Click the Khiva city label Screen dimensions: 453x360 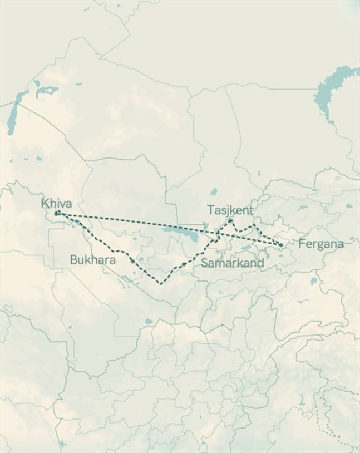pyautogui.click(x=56, y=204)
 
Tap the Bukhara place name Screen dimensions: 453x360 pyautogui.click(x=92, y=260)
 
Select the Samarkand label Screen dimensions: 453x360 pyautogui.click(x=232, y=263)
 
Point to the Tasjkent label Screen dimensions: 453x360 pyautogui.click(x=230, y=210)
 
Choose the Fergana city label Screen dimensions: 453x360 pyautogui.click(x=320, y=244)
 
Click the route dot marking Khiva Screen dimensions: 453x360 pyautogui.click(x=57, y=213)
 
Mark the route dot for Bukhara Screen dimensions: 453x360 pyautogui.click(x=132, y=260)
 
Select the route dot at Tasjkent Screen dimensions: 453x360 pyautogui.click(x=229, y=221)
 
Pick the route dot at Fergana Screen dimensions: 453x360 pyautogui.click(x=281, y=244)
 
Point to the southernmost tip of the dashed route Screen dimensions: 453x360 pyautogui.click(x=160, y=284)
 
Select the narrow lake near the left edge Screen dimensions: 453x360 pyautogui.click(x=12, y=117)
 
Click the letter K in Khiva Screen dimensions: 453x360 pyautogui.click(x=45, y=204)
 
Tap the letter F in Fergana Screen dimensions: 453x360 pyautogui.click(x=302, y=244)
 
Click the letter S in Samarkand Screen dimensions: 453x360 pyautogui.click(x=204, y=263)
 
